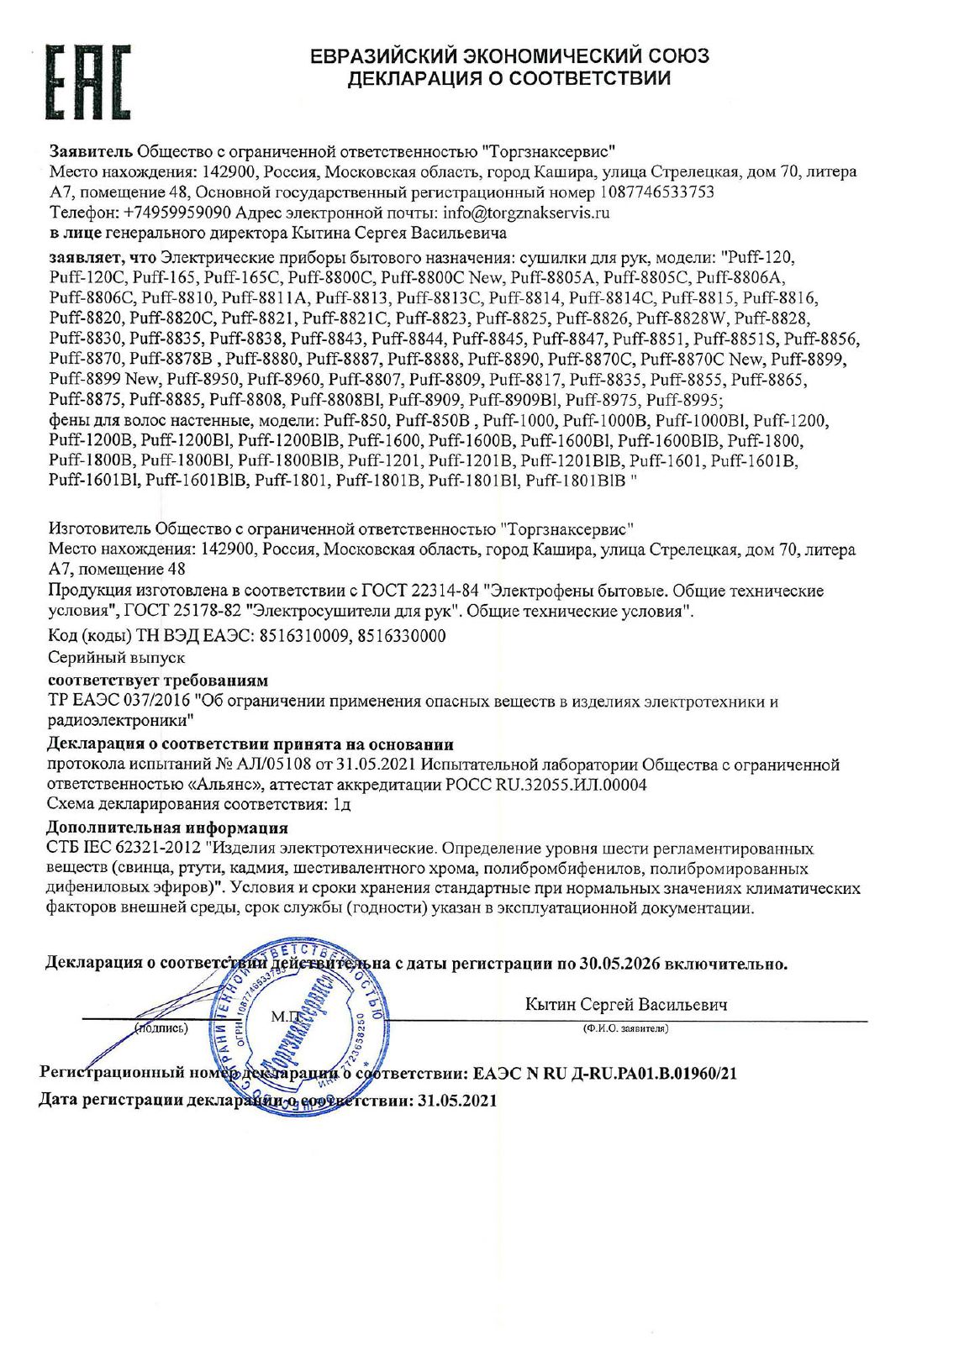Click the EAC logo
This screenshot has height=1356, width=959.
pos(87,81)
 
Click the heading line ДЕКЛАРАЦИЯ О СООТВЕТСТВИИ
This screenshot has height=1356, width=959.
pos(509,79)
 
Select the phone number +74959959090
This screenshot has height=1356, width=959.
pos(177,213)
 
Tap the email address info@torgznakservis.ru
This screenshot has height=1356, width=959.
pos(526,213)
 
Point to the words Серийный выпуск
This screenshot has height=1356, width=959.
pos(116,657)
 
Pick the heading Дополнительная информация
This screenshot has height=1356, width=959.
pos(167,828)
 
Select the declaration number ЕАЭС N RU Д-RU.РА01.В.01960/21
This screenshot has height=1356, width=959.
pos(605,1074)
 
